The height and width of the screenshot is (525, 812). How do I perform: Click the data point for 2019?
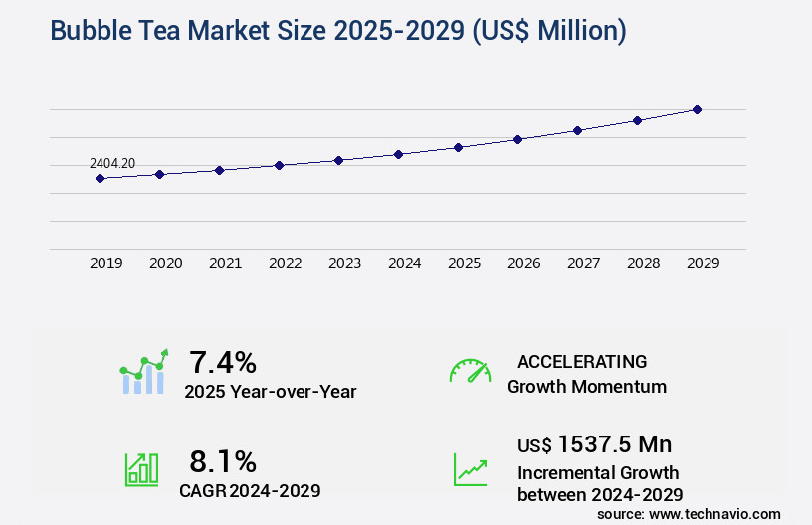pos(100,178)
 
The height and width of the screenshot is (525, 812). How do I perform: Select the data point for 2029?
pos(697,109)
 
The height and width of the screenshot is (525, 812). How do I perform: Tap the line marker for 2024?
pos(398,154)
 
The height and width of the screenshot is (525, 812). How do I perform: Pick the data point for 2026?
pos(517,139)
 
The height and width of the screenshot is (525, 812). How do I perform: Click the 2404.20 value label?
pos(112,163)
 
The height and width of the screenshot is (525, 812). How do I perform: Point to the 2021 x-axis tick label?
pos(226,263)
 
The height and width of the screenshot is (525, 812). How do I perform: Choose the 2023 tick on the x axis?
pos(345,263)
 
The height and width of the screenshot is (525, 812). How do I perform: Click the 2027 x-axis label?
pos(584,263)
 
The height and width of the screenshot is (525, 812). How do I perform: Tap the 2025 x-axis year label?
pos(465,263)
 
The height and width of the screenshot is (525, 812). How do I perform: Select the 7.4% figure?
pos(223,362)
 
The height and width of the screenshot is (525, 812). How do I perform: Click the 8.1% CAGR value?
pos(223,461)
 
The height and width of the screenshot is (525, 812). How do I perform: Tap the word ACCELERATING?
pos(582,362)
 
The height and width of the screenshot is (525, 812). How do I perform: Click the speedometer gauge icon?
pos(470,371)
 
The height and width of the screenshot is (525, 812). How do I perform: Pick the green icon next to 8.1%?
pos(141,469)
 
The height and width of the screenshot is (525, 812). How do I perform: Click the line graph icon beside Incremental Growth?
pos(470,469)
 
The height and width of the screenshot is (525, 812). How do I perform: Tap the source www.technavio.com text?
pos(689,513)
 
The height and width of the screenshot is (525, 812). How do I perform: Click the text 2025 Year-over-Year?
pos(270,392)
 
